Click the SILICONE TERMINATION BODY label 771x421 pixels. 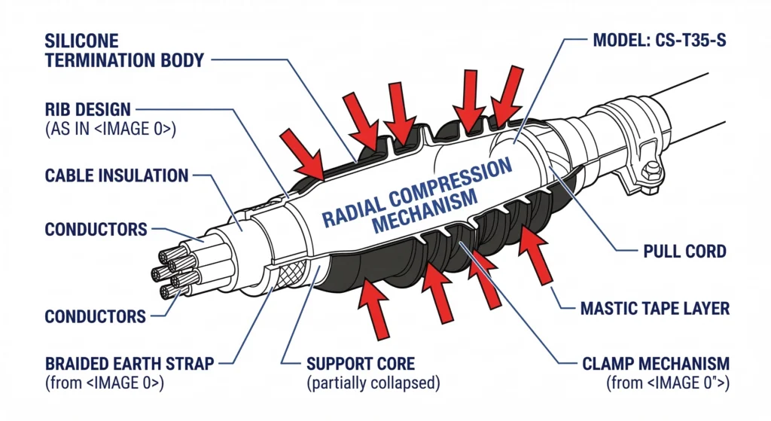coord(124,50)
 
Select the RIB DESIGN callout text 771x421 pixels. coord(88,110)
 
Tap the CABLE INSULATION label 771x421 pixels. coord(117,176)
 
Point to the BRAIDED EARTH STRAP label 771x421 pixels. coord(129,364)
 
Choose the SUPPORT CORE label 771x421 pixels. coord(360,364)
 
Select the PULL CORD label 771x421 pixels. coord(684,251)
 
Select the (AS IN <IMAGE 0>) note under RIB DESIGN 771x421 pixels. coord(110,129)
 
